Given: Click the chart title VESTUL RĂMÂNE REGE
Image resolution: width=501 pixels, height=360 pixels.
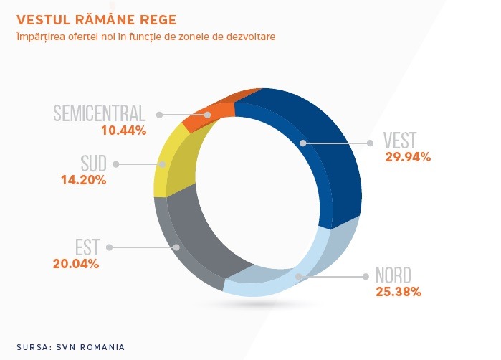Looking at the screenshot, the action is (96, 19).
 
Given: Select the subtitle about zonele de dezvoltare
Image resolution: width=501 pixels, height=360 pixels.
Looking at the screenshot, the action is (146, 37).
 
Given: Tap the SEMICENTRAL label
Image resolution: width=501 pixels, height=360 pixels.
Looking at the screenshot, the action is (100, 113).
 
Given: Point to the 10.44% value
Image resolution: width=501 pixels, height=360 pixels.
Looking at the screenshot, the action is (124, 131).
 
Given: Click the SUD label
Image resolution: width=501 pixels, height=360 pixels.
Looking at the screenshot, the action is (93, 164).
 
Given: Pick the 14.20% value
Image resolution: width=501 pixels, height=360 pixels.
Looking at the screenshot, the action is (84, 180).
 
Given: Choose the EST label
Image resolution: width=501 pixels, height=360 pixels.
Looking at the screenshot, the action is (87, 247).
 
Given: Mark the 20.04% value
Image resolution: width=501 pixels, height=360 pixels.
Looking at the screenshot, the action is (76, 264).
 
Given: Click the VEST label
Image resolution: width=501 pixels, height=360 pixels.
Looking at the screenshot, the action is (400, 140).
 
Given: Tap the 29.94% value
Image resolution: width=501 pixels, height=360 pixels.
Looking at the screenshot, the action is (408, 157).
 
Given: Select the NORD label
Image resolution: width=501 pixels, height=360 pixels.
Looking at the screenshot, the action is (393, 275).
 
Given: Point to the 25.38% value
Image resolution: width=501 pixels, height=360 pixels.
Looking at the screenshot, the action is (399, 292).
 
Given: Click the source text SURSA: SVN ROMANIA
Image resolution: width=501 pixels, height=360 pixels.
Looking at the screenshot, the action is (71, 347).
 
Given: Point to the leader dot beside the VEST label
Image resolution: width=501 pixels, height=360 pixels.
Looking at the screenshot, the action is (370, 143).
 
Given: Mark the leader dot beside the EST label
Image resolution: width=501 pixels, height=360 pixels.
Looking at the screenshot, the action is (109, 247).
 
